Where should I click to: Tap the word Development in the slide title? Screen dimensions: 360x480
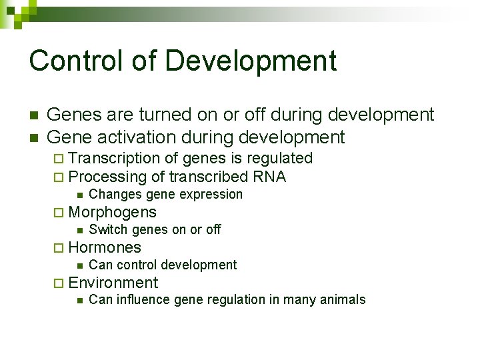(x=251, y=61)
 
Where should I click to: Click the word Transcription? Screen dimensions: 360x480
(x=114, y=159)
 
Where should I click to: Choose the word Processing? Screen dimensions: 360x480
(x=107, y=177)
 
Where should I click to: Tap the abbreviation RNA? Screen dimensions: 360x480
(x=269, y=177)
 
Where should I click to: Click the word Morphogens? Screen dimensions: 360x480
(x=112, y=213)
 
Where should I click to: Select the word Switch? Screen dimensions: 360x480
(x=109, y=230)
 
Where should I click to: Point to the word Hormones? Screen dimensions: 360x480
(x=105, y=248)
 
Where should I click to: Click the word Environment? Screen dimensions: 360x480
(x=113, y=283)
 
